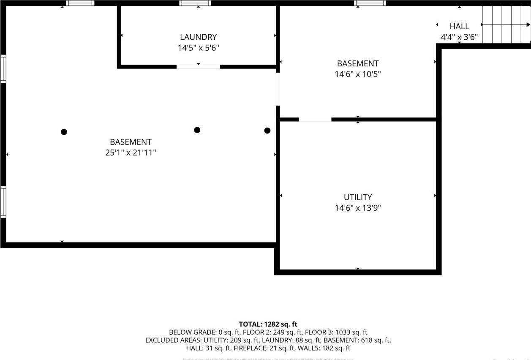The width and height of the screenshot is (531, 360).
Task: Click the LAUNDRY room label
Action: pos(198,37)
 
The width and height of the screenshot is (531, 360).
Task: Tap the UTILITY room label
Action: pos(358,197)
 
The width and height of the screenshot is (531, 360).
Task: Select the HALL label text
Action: pos(459,26)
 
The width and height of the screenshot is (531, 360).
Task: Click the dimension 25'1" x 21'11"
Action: pos(131,153)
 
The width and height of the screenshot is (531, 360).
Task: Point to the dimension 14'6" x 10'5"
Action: pos(358,74)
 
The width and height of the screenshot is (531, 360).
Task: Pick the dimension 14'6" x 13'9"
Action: pos(358,208)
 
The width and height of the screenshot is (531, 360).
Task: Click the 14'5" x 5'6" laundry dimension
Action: pos(198,48)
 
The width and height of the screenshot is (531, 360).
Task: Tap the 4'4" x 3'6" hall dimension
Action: pos(459,37)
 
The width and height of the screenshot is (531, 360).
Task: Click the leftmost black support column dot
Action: pos(64,132)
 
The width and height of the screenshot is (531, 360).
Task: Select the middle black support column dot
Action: pos(197,130)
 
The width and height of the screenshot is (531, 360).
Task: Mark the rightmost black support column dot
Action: pos(267,131)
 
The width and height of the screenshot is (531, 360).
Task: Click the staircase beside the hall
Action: pos(506,25)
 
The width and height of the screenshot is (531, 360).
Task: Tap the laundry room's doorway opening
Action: pos(198,67)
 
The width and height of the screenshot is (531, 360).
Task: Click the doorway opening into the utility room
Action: pos(315,120)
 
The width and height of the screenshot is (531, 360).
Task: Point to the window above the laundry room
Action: pos(195,3)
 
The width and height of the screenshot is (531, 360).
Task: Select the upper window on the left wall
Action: pos(3,68)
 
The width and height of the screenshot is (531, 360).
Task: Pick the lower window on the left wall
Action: pos(3,202)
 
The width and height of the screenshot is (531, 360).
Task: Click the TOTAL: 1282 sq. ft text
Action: pos(268,325)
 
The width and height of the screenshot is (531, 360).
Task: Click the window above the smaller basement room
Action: pos(370,3)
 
